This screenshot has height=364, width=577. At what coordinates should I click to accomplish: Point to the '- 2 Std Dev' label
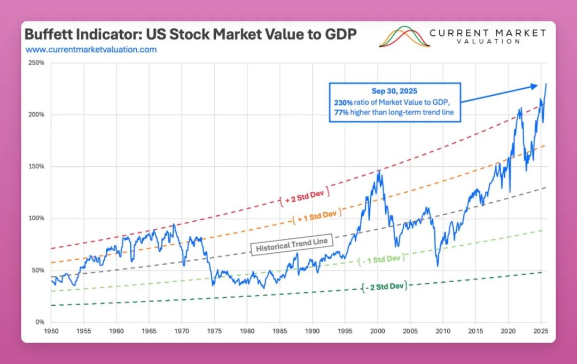click(x=384, y=286)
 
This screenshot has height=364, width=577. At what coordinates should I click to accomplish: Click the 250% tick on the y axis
click(x=36, y=63)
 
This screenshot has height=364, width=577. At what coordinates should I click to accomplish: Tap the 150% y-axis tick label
click(x=36, y=167)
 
